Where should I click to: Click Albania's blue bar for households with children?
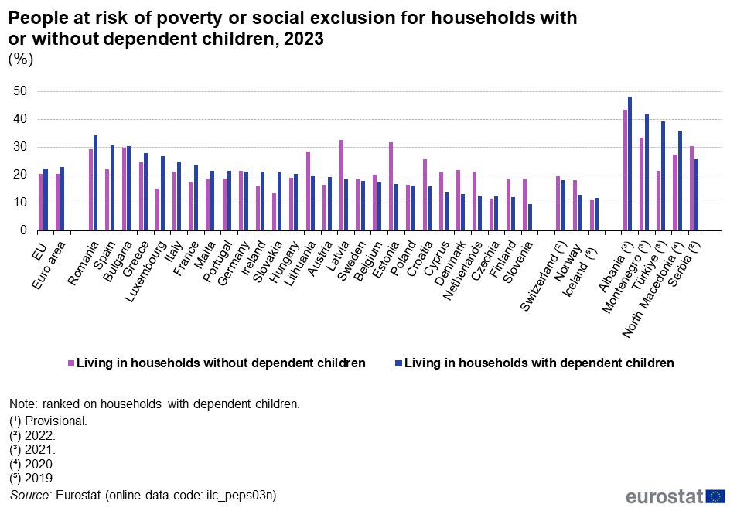point(630,164)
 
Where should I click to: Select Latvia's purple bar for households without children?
point(341,186)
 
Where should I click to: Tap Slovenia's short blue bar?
point(530,217)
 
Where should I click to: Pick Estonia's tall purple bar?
point(391,187)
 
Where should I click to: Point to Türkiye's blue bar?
point(664,176)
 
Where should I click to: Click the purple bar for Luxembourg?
point(158,210)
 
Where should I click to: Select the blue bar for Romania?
point(95,183)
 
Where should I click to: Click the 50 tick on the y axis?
point(20,91)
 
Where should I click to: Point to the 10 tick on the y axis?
point(20,203)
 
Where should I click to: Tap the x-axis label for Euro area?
point(49,265)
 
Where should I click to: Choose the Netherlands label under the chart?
point(462,271)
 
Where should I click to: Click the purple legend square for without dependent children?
point(71,363)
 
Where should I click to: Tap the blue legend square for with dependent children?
point(399,363)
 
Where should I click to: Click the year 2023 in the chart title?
point(304,39)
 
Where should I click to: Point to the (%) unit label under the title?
point(21,60)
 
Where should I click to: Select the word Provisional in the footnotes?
point(56,421)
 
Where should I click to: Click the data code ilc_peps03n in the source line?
point(241,495)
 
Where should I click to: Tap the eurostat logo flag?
point(715,496)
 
